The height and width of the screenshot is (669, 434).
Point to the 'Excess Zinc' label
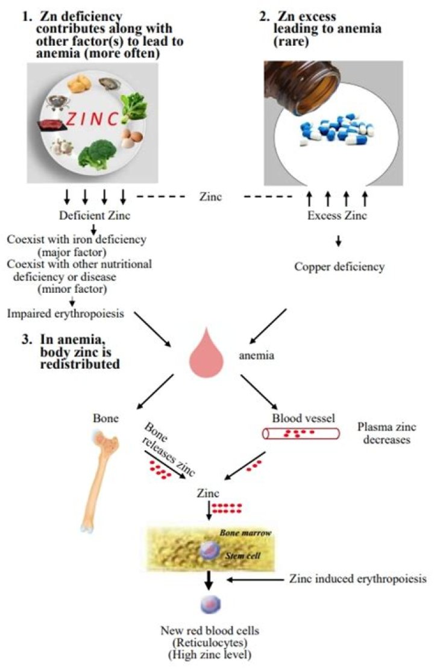(336, 216)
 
